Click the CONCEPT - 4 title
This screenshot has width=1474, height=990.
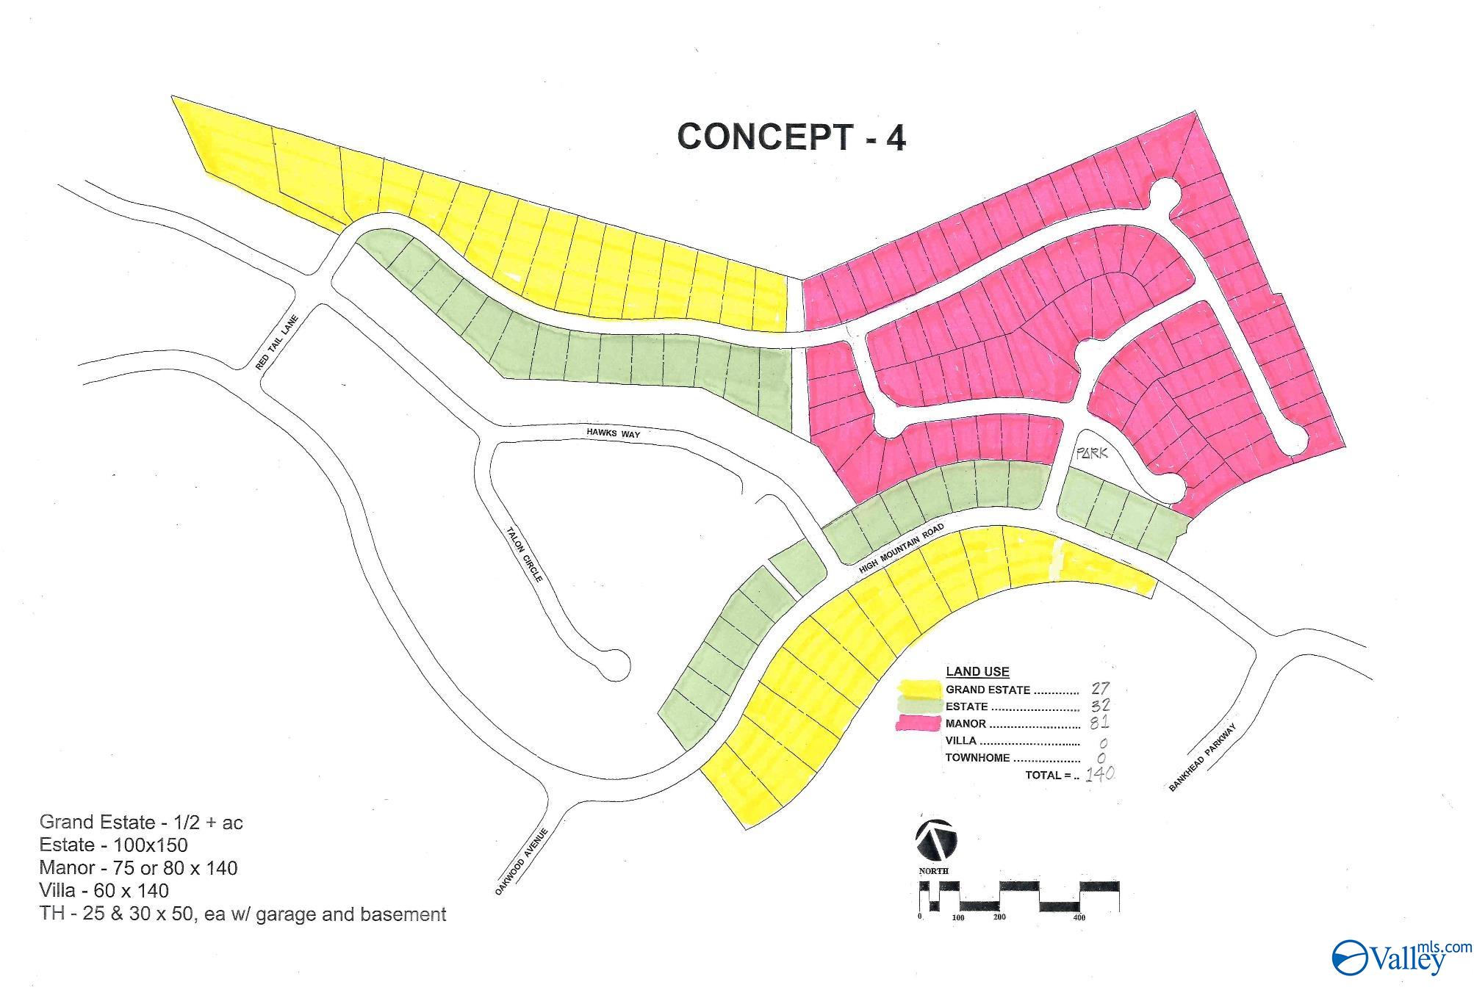point(791,137)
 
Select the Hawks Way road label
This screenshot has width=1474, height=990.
point(613,433)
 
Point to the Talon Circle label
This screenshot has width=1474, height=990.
point(525,554)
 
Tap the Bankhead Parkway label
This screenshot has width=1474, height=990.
point(1202,757)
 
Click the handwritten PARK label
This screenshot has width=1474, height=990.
point(1091,454)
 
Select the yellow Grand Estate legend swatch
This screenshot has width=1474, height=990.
point(919,690)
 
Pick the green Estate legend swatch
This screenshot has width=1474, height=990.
point(919,707)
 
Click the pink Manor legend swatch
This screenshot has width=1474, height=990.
point(919,723)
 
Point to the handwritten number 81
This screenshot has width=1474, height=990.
point(1099,722)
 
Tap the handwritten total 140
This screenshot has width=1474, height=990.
point(1100,773)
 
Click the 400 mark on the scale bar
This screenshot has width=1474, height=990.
point(1079,917)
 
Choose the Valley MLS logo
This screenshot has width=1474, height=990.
point(1401,958)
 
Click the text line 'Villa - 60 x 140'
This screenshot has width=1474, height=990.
point(104,891)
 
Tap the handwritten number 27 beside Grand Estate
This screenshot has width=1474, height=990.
point(1100,688)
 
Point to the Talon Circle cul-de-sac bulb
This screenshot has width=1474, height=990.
point(614,665)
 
